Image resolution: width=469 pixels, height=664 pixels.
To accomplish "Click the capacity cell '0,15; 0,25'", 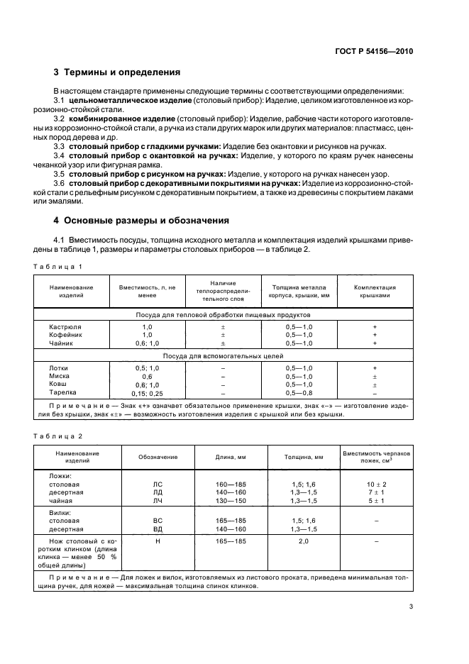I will [x=147, y=392].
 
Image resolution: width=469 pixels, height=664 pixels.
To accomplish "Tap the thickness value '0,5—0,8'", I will [x=299, y=392].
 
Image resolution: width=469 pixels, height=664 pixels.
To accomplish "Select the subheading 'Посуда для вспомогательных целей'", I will [x=224, y=356].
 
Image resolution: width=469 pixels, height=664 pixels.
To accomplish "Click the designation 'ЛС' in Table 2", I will [x=158, y=483].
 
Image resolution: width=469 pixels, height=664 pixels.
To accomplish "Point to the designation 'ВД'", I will [x=158, y=529].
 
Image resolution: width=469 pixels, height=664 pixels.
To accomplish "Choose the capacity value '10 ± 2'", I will [x=376, y=483].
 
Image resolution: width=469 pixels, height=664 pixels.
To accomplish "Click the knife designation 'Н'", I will [x=158, y=541].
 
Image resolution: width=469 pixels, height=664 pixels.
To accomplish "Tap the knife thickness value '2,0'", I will [x=304, y=541].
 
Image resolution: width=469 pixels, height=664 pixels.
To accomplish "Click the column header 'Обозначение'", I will [x=158, y=457].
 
